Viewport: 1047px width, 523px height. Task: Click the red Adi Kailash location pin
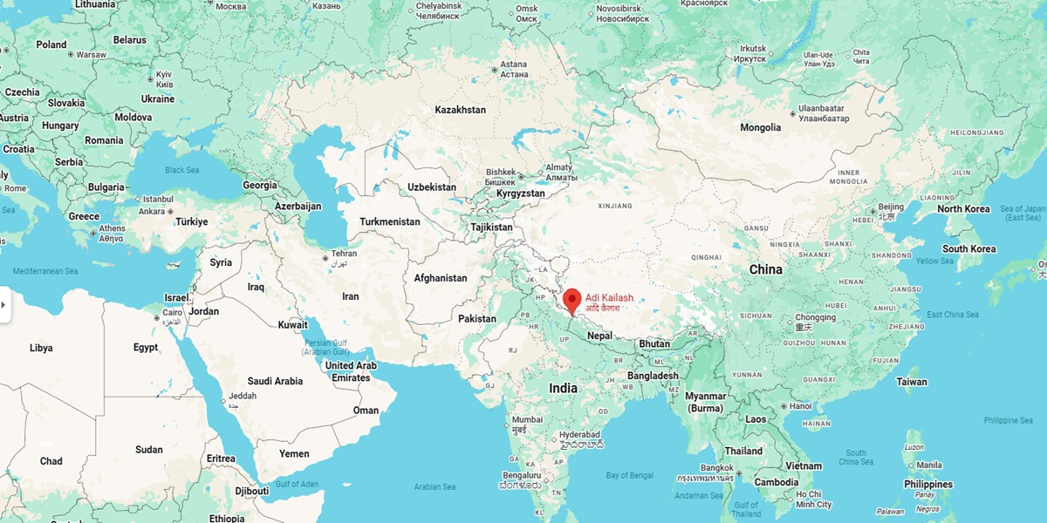(572, 300)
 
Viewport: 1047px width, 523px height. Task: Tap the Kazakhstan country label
(460, 110)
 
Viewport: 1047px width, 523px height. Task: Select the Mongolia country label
(760, 127)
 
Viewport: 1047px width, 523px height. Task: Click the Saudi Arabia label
(275, 381)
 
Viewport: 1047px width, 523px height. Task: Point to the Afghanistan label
(441, 278)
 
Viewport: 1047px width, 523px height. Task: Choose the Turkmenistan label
(390, 222)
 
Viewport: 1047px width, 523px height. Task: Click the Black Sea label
(183, 170)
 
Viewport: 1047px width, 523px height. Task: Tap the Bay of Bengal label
(629, 475)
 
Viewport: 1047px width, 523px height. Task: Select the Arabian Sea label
(441, 487)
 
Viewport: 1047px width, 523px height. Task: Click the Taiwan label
(912, 382)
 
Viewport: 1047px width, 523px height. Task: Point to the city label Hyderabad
(579, 435)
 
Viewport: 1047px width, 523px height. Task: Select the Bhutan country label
(654, 343)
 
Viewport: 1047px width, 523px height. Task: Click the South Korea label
(968, 248)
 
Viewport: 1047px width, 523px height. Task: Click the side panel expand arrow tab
(4, 305)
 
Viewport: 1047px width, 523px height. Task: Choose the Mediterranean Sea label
(45, 271)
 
